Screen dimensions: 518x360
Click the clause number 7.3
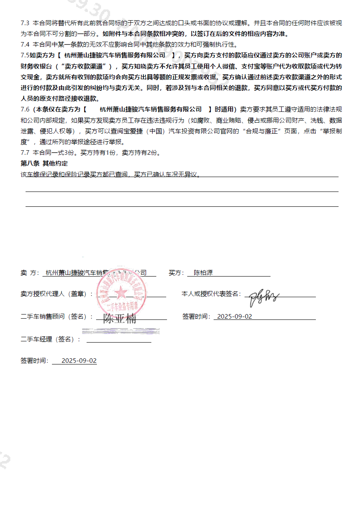(25, 23)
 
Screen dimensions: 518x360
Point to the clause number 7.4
(25, 45)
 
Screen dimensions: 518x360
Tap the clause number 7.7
(25, 153)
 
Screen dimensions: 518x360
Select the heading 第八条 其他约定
(44, 163)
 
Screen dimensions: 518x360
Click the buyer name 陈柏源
(203, 273)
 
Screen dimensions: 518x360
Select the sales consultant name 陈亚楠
(119, 318)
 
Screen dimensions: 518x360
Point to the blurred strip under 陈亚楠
(121, 331)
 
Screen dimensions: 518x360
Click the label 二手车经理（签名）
(50, 339)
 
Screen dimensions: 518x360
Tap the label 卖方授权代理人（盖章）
(56, 294)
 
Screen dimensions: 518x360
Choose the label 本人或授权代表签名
(211, 294)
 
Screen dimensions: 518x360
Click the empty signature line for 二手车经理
(119, 341)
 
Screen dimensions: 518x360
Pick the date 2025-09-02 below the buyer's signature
(234, 317)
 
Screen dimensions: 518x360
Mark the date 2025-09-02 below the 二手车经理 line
(79, 361)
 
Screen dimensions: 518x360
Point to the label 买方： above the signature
(176, 273)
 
